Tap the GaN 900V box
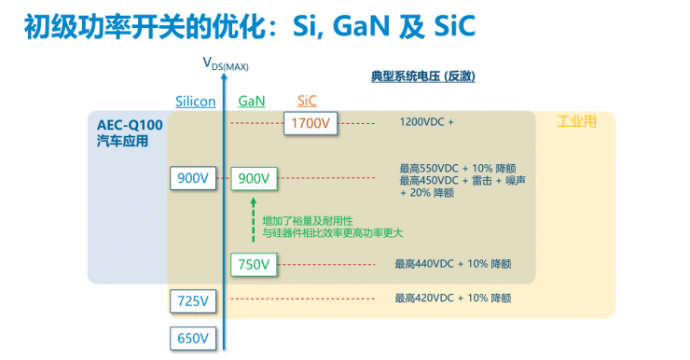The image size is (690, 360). click(x=253, y=178)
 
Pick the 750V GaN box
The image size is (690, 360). click(x=253, y=265)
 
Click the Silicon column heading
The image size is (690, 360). click(x=195, y=101)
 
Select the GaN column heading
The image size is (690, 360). click(x=252, y=101)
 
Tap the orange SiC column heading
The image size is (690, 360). click(x=307, y=101)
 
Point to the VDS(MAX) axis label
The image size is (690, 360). click(x=226, y=63)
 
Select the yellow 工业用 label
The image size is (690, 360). click(x=575, y=121)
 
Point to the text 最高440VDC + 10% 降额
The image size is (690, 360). click(x=453, y=264)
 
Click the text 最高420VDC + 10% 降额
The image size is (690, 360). click(x=453, y=298)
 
